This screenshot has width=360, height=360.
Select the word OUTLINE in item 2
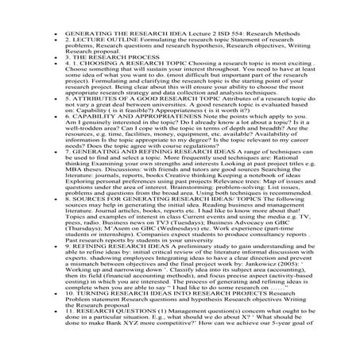point(106,44)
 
